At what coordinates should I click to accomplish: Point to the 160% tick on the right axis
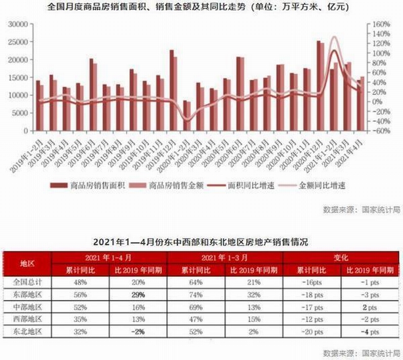click(x=382, y=24)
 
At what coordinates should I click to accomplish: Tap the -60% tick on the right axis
click(x=382, y=130)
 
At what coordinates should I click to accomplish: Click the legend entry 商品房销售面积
click(x=99, y=186)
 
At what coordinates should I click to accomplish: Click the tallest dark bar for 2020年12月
click(x=318, y=86)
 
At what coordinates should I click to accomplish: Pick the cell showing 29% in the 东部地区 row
click(x=138, y=293)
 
